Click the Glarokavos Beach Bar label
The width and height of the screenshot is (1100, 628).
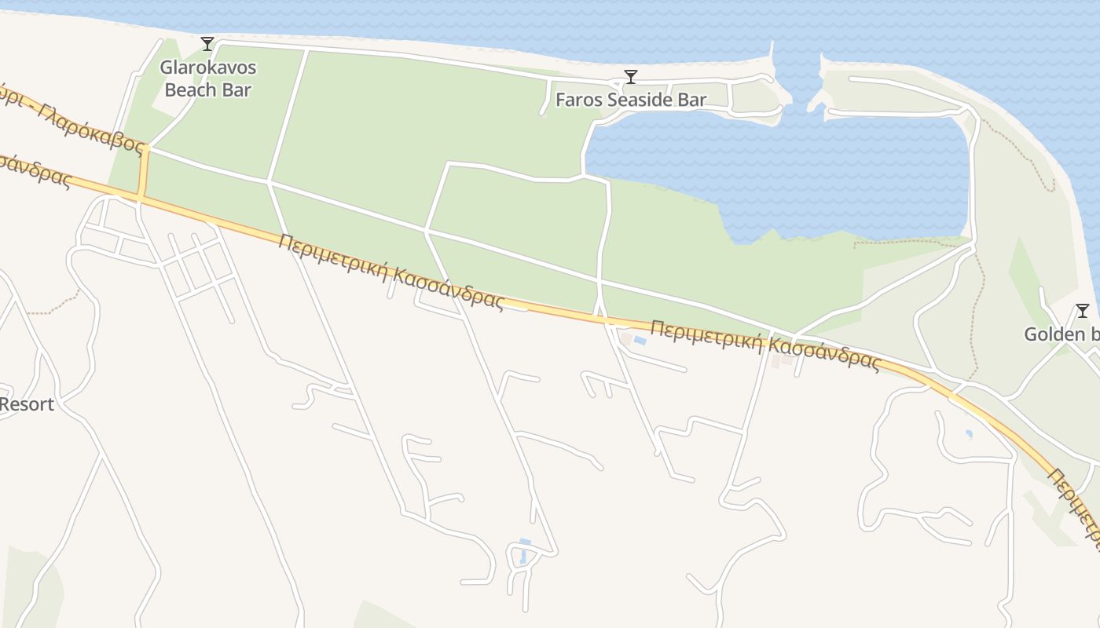point(208,78)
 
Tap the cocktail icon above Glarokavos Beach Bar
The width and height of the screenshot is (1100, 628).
point(207,44)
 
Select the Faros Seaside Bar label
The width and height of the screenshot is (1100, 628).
point(630,100)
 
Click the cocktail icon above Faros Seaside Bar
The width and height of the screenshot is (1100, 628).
point(630,77)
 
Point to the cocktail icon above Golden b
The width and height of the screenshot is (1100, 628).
point(1082,311)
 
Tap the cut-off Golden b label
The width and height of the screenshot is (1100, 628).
point(1061,334)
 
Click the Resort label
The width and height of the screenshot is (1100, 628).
point(27,404)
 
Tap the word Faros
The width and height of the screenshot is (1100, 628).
point(576,100)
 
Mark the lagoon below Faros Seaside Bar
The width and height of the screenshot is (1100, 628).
point(786,181)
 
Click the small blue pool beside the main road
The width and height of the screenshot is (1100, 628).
point(640,341)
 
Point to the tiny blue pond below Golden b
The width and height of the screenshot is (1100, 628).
point(969,433)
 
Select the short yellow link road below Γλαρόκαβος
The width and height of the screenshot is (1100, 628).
point(143,172)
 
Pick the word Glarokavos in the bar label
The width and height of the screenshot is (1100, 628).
point(208,68)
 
